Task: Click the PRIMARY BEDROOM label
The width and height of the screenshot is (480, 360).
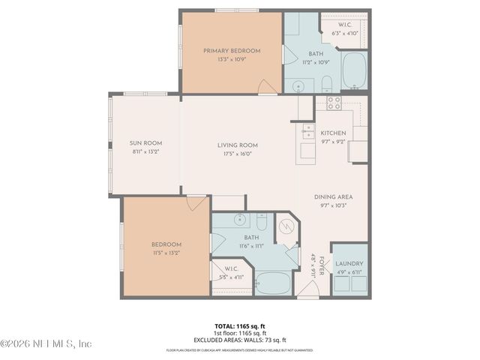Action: [232, 50]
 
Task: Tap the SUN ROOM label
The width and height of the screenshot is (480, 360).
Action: [145, 143]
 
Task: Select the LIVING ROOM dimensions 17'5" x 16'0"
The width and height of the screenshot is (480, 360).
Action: [238, 154]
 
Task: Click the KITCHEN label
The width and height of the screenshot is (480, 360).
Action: [332, 132]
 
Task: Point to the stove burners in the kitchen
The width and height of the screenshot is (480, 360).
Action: [333, 103]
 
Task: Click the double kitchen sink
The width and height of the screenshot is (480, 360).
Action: [308, 133]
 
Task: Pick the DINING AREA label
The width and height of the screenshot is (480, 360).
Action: [333, 197]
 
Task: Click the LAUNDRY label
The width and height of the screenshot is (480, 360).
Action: [349, 264]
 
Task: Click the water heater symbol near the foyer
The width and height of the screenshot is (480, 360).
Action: [287, 227]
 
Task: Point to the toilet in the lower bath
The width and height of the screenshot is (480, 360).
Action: [260, 222]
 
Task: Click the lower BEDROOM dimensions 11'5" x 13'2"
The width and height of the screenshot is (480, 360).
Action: [166, 253]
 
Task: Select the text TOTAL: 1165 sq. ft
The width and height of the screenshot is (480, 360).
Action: [237, 326]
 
